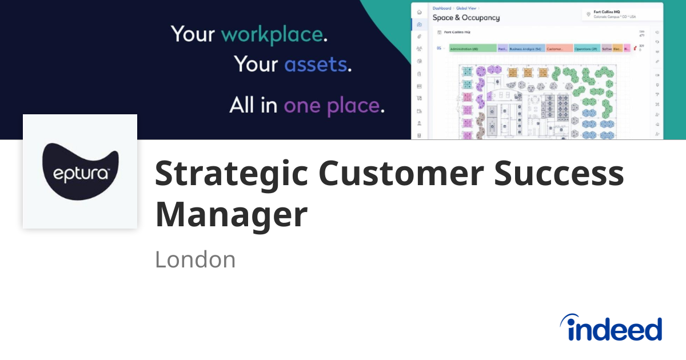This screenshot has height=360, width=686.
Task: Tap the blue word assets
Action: pyautogui.click(x=316, y=64)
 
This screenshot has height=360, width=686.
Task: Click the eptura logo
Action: pyautogui.click(x=80, y=171)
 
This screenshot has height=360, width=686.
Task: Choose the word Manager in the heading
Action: pyautogui.click(x=231, y=215)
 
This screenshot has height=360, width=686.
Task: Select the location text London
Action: pyautogui.click(x=195, y=259)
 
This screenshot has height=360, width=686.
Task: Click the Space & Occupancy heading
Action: pyautogui.click(x=466, y=18)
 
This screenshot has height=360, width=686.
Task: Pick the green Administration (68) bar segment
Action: pyautogui.click(x=472, y=49)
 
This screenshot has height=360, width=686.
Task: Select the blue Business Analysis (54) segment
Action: pyautogui.click(x=526, y=49)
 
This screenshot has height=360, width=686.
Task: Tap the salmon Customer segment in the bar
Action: pyautogui.click(x=559, y=49)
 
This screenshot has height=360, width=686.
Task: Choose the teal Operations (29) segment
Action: pyautogui.click(x=587, y=49)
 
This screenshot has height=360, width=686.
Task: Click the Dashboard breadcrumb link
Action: pyautogui.click(x=442, y=9)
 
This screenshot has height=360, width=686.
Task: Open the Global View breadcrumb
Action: pyautogui.click(x=465, y=9)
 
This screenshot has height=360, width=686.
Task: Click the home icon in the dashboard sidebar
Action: pyautogui.click(x=419, y=12)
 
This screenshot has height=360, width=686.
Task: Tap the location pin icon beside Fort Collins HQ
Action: pyautogui.click(x=589, y=14)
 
